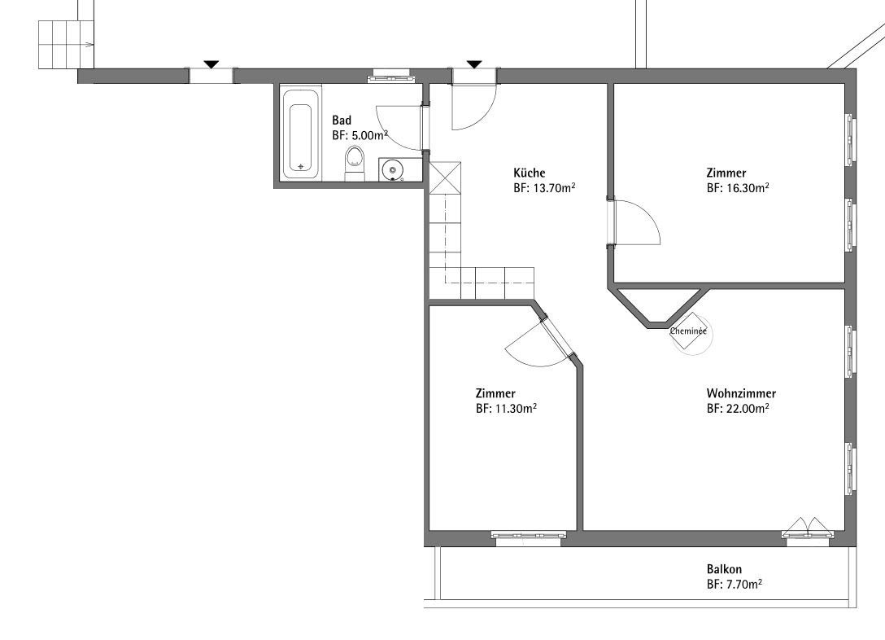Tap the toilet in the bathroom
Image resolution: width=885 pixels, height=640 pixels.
(355, 163)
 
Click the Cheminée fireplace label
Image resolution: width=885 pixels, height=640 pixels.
(688, 331)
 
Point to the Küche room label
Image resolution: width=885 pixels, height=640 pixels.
(529, 173)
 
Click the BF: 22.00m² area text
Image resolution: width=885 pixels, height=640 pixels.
(738, 408)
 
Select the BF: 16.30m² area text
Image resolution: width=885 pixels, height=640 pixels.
(738, 187)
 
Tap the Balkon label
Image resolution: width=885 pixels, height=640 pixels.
(724, 569)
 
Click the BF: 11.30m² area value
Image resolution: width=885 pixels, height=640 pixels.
(506, 408)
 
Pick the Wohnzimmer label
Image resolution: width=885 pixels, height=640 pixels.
(741, 393)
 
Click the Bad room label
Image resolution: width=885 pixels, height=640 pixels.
(342, 121)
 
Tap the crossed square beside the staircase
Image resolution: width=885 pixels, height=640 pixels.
(445, 178)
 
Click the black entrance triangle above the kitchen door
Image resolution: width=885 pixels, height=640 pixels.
(474, 64)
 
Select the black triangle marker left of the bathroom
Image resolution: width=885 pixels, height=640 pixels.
(211, 64)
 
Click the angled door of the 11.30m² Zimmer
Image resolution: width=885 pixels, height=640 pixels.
(556, 338)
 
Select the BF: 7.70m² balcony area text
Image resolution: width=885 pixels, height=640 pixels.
(735, 584)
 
